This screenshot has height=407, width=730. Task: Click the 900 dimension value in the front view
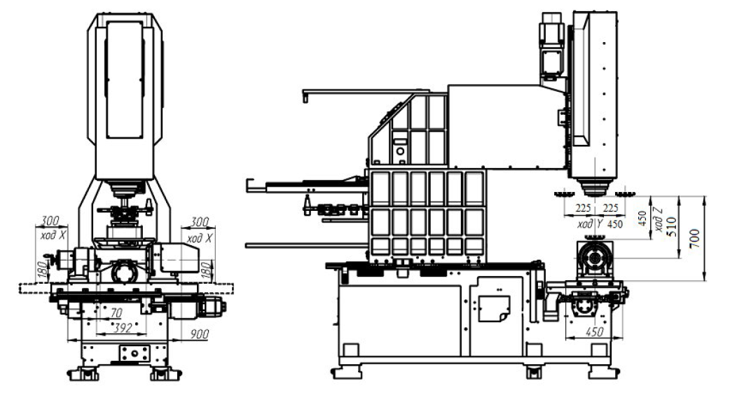199,333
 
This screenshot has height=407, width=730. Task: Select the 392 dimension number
123,328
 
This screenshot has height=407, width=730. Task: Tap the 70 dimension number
116,312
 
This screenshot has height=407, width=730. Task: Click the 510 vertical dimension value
671,227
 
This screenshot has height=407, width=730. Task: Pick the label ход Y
590,224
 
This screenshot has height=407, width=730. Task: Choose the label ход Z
658,219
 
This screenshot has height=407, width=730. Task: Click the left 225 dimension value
583,207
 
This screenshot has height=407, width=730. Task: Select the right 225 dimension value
610,207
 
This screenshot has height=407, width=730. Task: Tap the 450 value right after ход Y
614,224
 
